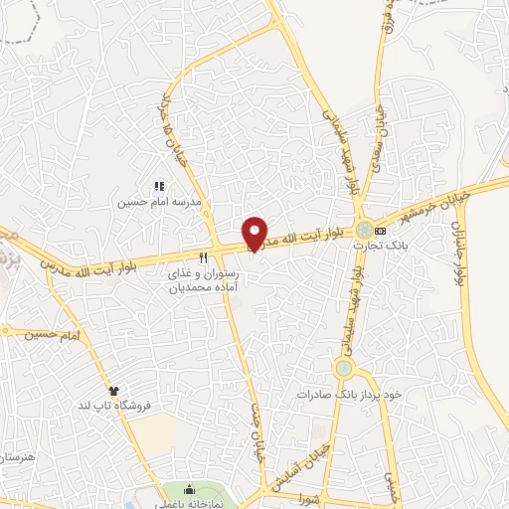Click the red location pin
click(255, 233)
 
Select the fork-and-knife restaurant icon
click(204, 256)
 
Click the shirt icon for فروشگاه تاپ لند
click(114, 391)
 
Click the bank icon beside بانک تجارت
click(408, 229)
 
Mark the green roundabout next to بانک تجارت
click(367, 230)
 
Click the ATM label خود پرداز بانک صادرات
click(349, 395)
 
